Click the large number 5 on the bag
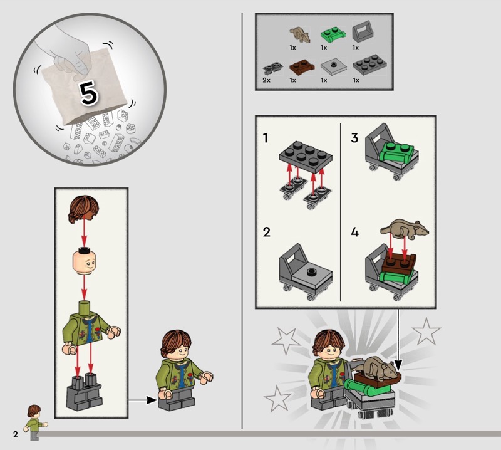point(88,93)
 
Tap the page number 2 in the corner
point(16,434)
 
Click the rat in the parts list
point(300,34)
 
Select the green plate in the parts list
point(333,35)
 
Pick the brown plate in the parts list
point(302,68)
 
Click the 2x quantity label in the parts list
point(267,80)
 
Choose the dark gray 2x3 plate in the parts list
point(370,65)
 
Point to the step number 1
point(265,138)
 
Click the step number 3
point(354,138)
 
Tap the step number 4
point(354,232)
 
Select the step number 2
point(267,232)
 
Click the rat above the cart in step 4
point(405,229)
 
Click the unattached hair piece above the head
point(83,209)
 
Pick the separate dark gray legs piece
point(85,392)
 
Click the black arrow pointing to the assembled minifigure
point(143,400)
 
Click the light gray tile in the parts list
point(334,66)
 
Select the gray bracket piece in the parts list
point(363,31)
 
